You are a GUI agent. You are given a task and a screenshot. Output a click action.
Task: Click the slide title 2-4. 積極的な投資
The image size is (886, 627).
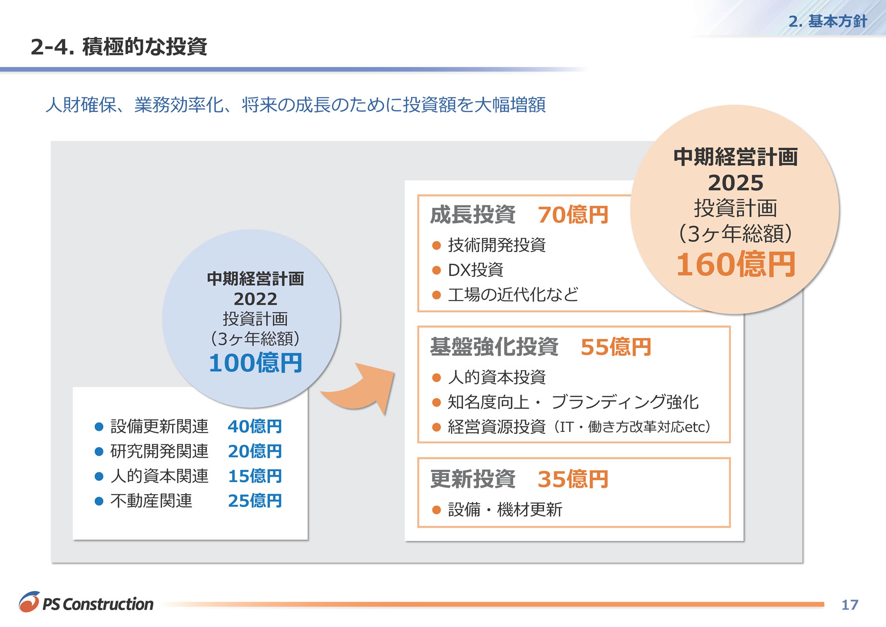tap(119, 47)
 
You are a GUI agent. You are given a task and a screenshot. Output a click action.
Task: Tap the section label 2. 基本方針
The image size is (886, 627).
tap(827, 21)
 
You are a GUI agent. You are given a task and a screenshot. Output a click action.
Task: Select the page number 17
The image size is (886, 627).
tap(850, 605)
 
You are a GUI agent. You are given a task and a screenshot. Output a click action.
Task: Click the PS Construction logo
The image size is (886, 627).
tap(86, 602)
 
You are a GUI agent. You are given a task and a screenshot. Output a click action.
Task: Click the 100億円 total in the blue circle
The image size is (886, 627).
tap(256, 363)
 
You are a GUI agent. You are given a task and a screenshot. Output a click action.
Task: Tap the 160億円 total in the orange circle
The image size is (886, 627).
tap(736, 264)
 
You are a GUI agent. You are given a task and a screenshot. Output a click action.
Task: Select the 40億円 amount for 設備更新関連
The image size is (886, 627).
tap(255, 426)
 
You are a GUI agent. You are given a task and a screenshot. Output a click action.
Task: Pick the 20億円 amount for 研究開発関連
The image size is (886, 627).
tap(255, 451)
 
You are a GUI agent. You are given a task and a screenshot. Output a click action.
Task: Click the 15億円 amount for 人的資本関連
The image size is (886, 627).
tap(255, 476)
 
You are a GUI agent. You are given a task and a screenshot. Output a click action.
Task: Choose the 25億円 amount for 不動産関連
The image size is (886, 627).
tap(255, 501)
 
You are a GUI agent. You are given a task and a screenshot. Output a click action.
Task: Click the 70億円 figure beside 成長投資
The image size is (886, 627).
tap(573, 215)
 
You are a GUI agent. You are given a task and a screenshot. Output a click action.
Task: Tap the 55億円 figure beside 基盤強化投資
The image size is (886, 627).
tap(616, 347)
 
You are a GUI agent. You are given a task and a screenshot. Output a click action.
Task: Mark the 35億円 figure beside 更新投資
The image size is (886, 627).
tap(573, 479)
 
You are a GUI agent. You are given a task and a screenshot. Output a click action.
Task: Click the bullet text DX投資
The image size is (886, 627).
tap(475, 270)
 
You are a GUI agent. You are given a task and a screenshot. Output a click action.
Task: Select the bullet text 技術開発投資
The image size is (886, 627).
tap(497, 245)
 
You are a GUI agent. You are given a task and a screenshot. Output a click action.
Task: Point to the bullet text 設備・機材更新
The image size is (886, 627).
tap(505, 510)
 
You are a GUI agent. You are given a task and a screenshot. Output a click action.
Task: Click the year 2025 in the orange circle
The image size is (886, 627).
tap(736, 183)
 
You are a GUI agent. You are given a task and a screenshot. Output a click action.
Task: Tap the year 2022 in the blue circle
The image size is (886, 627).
tap(256, 299)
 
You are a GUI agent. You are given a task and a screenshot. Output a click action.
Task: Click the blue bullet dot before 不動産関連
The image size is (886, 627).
tap(99, 501)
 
